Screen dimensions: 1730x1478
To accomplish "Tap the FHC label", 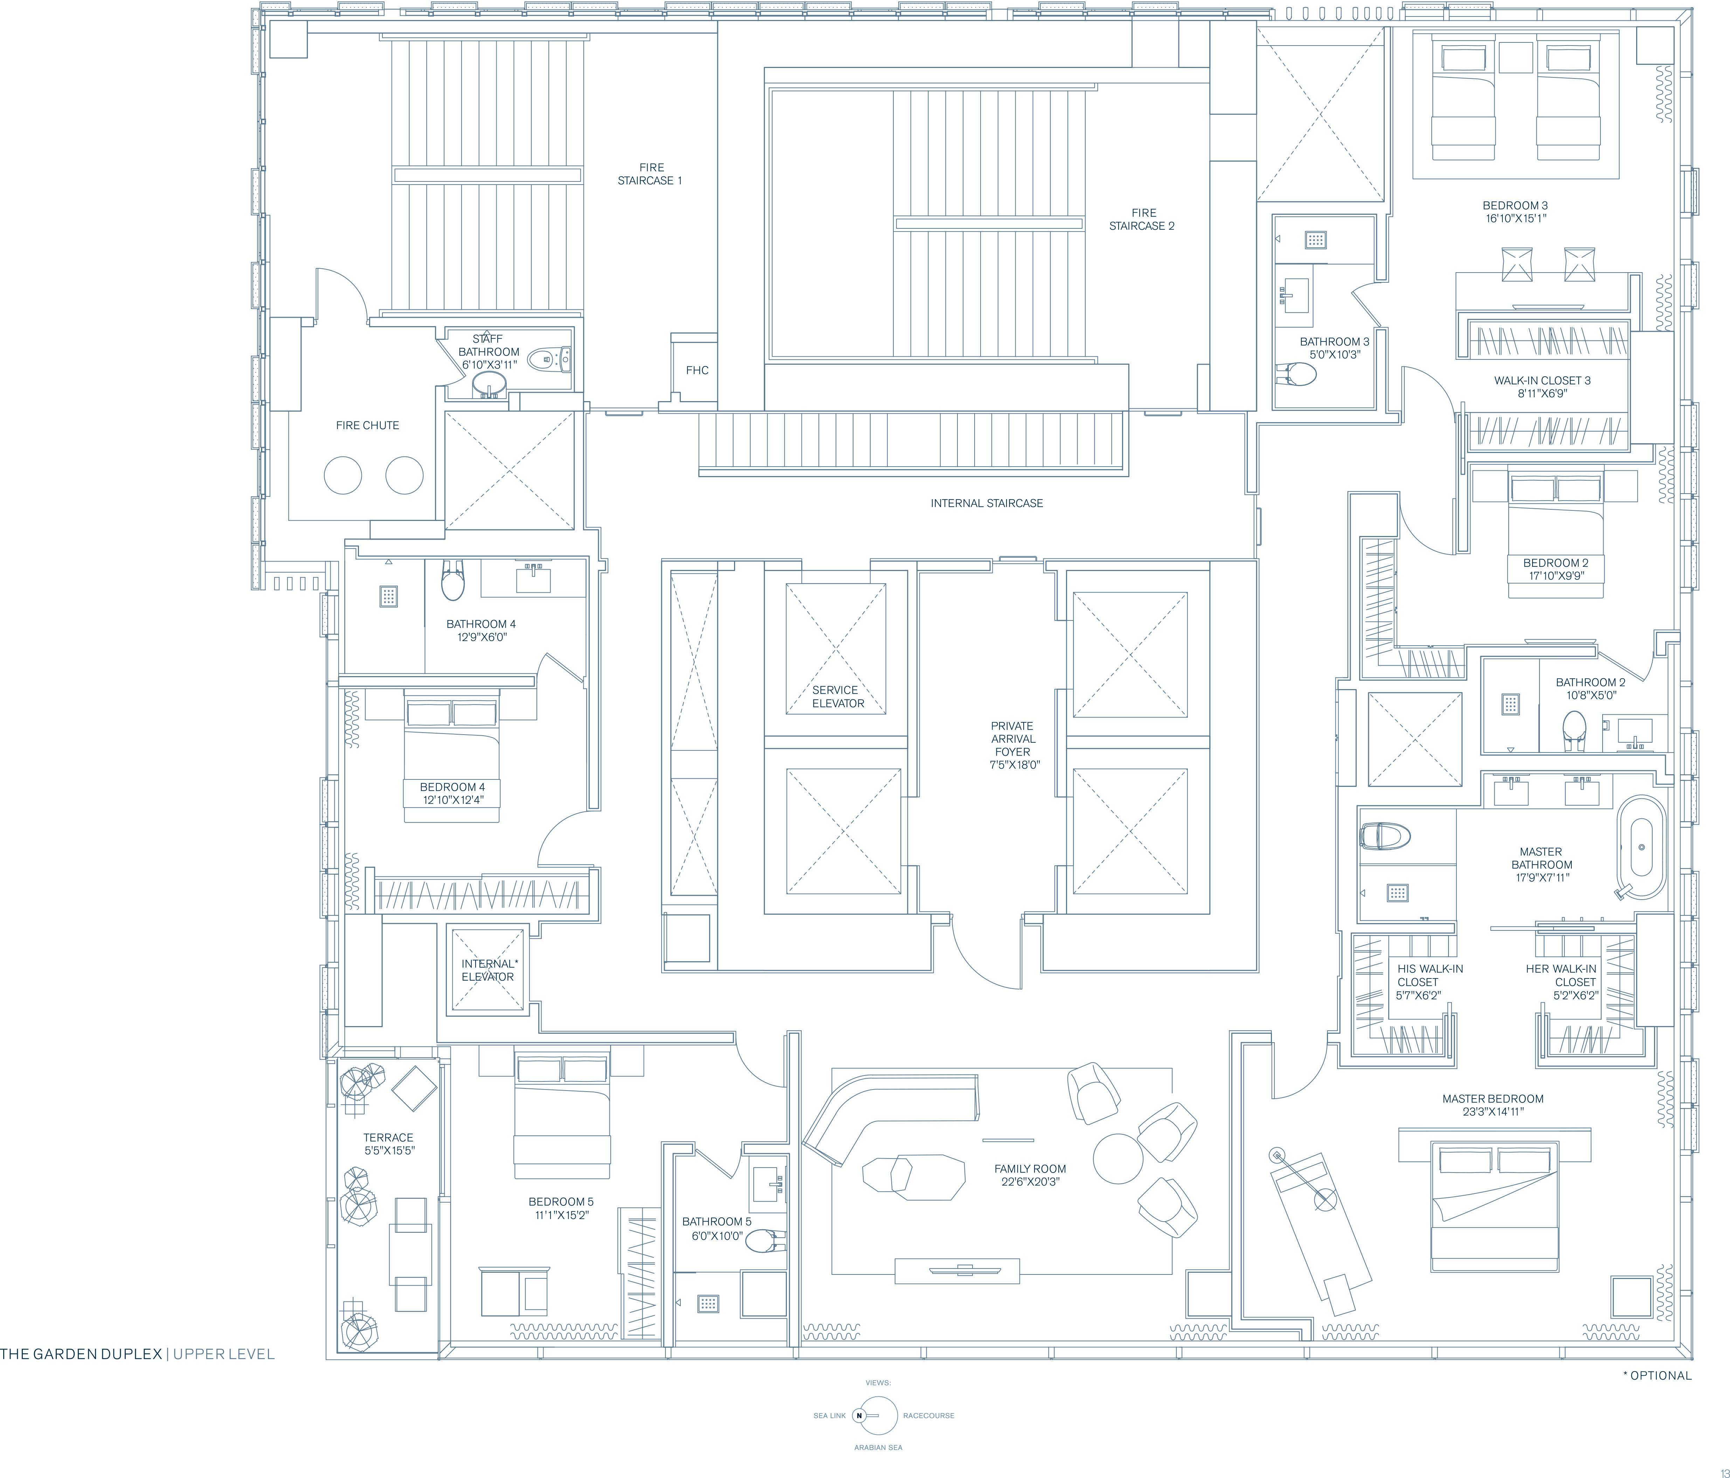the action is tap(697, 370).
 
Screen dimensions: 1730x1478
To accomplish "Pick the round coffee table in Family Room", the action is tap(1118, 1158).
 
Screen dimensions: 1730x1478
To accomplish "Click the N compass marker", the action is tap(859, 1415).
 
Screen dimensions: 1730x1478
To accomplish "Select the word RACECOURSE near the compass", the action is tap(928, 1415).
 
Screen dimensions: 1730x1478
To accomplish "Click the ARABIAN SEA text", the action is tap(878, 1447).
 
